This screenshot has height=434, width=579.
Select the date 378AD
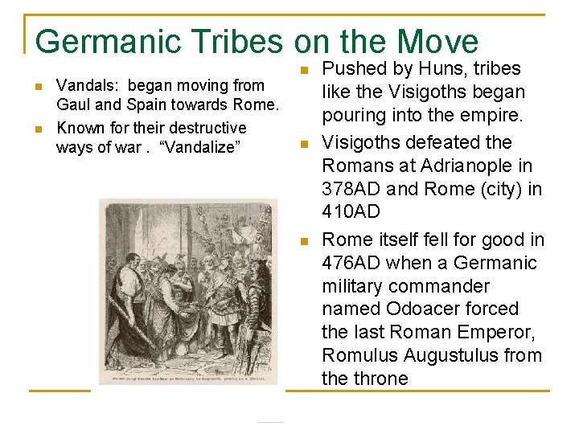coord(351,190)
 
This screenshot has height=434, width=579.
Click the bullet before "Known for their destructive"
coord(38,129)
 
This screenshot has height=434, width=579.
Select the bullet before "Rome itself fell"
coord(303,241)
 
